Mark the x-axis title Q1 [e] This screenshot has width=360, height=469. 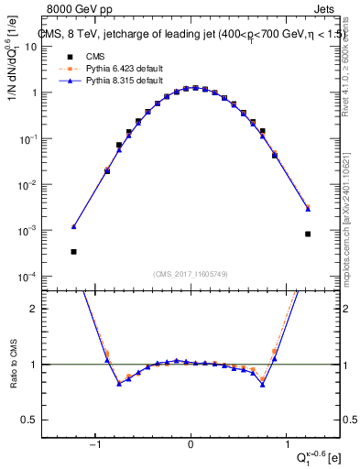pos(315,456)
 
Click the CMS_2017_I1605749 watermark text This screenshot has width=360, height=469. pos(191,274)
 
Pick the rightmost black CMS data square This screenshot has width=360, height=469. pos(309,234)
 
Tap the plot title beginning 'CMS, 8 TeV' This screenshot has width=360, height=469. pos(191,35)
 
